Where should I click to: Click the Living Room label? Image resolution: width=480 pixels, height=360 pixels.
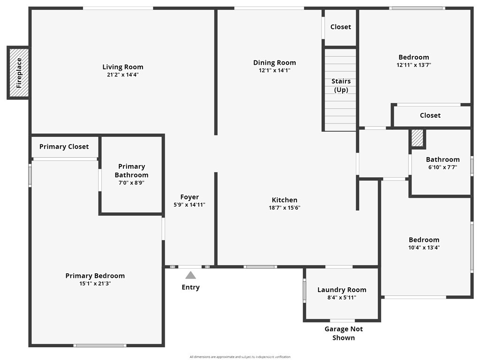(x=123, y=67)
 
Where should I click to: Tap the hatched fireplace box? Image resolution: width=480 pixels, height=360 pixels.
(x=18, y=73)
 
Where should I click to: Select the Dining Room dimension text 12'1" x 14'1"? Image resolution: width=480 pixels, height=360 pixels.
(x=274, y=71)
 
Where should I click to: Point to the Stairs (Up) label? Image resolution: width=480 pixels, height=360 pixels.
(x=341, y=85)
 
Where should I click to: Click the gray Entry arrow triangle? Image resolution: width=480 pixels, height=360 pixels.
(x=190, y=275)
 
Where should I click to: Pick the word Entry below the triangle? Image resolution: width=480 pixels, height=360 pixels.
(x=190, y=287)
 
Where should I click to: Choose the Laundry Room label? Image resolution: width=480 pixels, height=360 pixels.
(x=342, y=290)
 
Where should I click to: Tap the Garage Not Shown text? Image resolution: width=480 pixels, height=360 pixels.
(x=343, y=333)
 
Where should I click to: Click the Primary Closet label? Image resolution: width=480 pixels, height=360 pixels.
(x=64, y=147)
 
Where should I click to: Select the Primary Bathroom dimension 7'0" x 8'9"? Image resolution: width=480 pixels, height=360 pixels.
(x=131, y=183)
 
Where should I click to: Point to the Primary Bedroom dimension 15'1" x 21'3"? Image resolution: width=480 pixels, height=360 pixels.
(x=95, y=284)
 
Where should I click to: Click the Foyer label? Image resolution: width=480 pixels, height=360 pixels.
(x=190, y=197)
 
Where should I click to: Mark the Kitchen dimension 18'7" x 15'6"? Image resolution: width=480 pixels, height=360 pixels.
(x=284, y=208)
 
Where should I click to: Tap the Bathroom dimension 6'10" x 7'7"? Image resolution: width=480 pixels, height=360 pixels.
(x=442, y=167)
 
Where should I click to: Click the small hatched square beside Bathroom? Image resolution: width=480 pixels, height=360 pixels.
(x=417, y=138)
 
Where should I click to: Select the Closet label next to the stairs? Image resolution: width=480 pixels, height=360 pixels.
(x=341, y=27)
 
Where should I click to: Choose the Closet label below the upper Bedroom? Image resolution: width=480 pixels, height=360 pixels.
(x=430, y=115)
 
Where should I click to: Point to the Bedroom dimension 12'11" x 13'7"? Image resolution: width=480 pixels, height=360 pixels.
(x=413, y=65)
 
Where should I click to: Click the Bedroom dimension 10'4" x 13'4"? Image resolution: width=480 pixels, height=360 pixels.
(x=424, y=247)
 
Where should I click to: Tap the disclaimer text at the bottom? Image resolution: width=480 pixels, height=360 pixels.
(x=240, y=357)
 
